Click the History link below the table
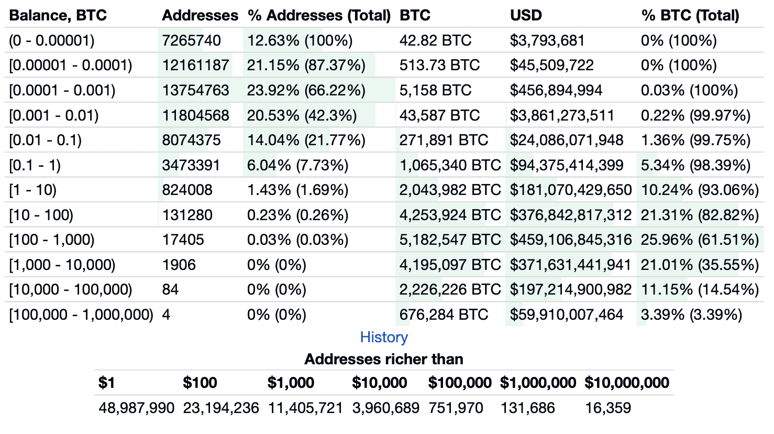[384, 337]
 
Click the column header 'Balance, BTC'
[58, 16]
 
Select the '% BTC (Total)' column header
[690, 16]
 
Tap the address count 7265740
[192, 40]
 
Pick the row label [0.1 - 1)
[35, 165]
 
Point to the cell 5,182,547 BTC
[450, 240]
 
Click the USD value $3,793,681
[547, 40]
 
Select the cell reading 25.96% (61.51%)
[700, 240]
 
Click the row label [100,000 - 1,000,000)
[81, 314]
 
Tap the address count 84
[170, 289]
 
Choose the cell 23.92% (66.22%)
[306, 90]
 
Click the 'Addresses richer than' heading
[384, 359]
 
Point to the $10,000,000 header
[627, 383]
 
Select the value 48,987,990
[137, 408]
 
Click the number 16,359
[608, 408]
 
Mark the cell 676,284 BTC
[444, 314]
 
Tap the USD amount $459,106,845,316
[571, 240]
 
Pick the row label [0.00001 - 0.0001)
[71, 65]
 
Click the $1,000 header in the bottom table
[291, 383]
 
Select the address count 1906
[179, 265]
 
